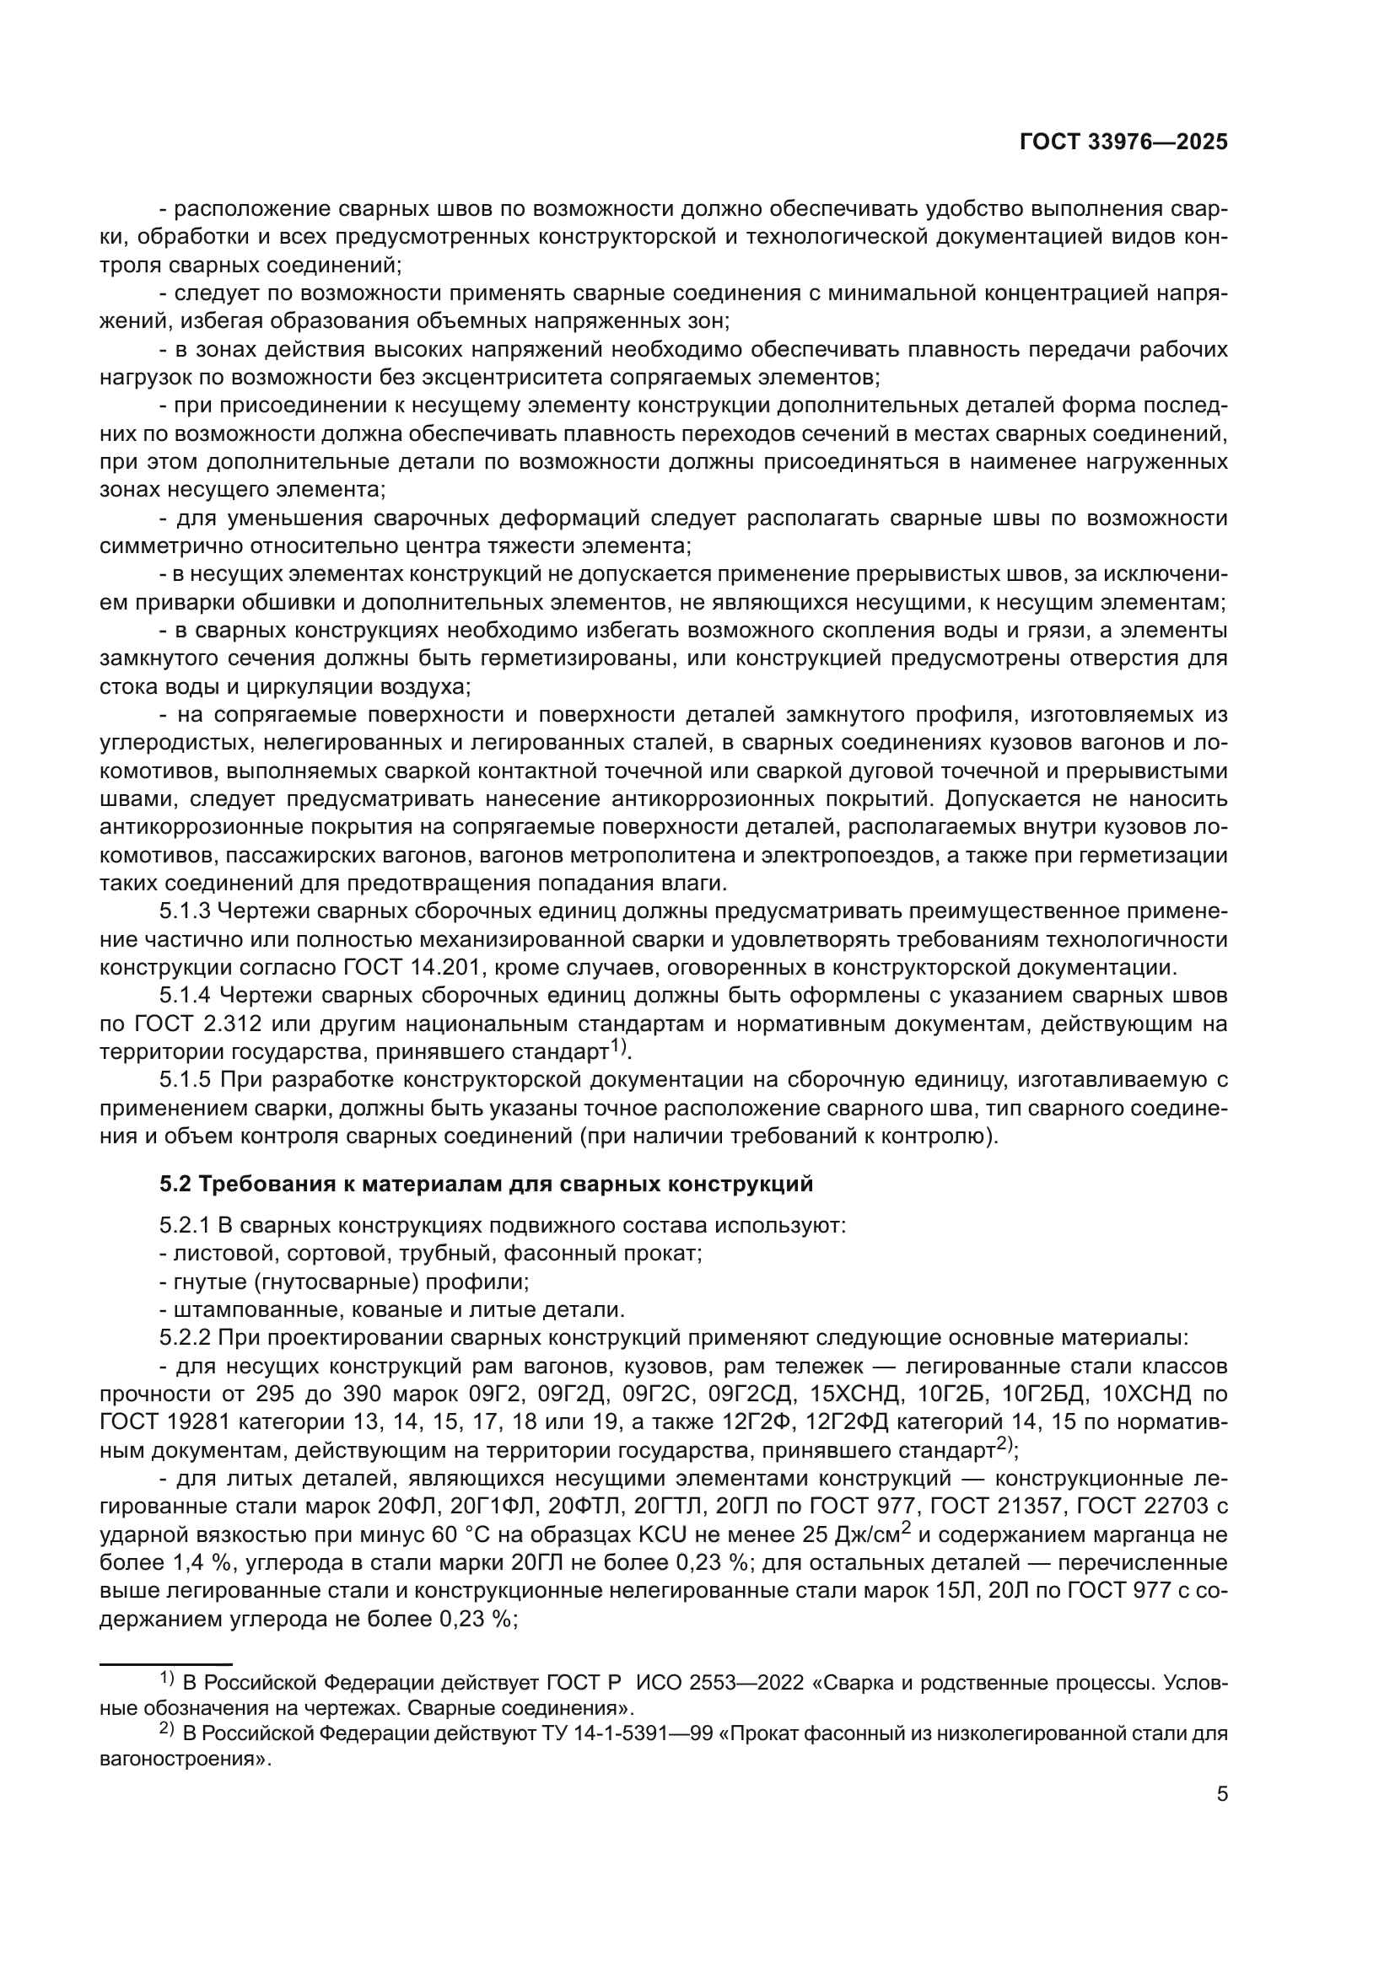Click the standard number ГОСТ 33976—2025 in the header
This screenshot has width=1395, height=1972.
(x=1123, y=142)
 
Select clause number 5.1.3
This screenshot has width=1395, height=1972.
(x=185, y=911)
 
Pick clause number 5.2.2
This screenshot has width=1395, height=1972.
(x=185, y=1338)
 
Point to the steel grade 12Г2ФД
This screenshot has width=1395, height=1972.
(x=845, y=1422)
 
